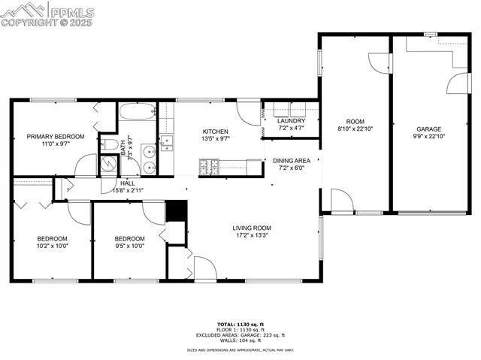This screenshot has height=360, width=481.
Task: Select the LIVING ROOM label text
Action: coord(251,228)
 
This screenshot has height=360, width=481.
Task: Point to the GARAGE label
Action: coord(429,129)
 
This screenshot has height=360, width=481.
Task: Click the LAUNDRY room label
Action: coord(291,121)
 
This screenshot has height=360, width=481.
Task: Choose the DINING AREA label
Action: coord(292,160)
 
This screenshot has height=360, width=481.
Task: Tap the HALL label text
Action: coord(128,183)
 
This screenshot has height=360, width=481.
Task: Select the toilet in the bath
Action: coord(110,144)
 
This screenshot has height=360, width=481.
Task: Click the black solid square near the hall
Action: coord(175,210)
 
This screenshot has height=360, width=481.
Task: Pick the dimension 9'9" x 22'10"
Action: coord(429,136)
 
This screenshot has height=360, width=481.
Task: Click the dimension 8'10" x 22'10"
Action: coord(355,129)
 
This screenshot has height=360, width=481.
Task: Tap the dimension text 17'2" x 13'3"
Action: coord(251,235)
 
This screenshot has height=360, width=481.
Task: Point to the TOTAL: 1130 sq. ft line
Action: coord(240,324)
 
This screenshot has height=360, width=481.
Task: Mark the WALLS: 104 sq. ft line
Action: coord(240,340)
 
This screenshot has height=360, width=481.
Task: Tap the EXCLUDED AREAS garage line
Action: coord(240,335)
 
